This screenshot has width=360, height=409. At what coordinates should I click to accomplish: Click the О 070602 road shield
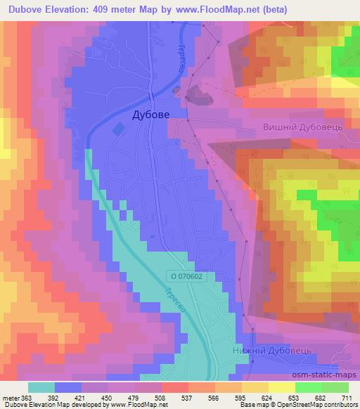click(x=189, y=276)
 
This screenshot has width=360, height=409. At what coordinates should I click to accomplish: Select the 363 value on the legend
click(x=27, y=397)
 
